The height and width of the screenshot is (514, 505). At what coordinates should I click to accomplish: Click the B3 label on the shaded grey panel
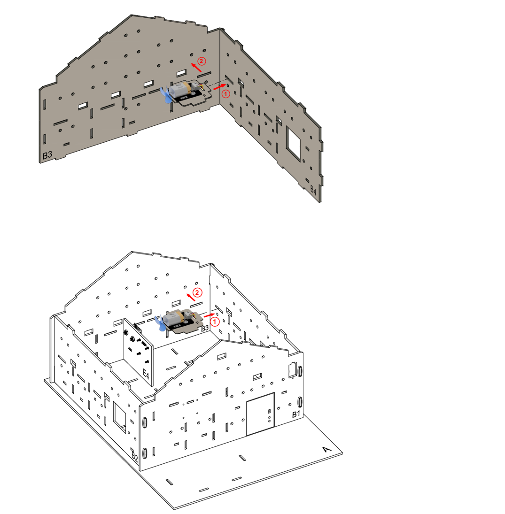[47, 155]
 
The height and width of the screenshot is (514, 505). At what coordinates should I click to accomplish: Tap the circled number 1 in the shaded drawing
[225, 94]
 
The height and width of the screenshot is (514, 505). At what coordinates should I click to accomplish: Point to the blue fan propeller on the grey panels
[166, 95]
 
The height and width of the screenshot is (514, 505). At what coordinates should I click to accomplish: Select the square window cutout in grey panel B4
[294, 143]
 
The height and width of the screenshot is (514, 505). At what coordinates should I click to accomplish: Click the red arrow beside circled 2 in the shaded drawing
[196, 67]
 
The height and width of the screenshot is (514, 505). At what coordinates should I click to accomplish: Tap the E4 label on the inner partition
[146, 374]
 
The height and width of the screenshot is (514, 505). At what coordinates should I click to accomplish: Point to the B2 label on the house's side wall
[134, 455]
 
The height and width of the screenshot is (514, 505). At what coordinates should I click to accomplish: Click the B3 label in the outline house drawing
[205, 328]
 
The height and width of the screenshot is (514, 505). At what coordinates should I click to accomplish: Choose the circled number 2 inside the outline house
[197, 292]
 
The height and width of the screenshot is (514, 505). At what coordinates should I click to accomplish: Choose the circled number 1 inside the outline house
[215, 322]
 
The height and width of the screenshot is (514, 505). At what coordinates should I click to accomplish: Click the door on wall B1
[260, 414]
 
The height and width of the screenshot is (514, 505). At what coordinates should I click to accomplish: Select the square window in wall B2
[120, 416]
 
